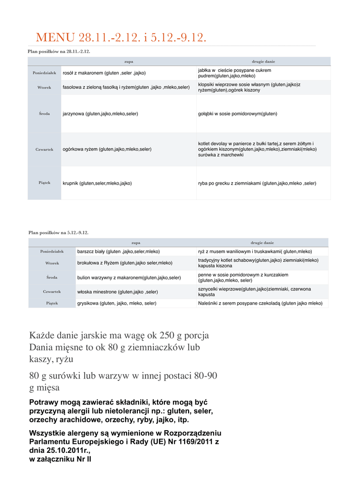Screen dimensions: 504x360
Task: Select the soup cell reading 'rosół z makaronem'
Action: point(104,73)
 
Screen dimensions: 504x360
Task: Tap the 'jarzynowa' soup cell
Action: point(100,114)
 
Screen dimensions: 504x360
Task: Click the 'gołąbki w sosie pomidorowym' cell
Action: point(237,114)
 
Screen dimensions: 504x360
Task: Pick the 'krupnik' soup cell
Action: point(97,183)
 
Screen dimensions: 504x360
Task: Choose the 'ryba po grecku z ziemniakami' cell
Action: point(257,183)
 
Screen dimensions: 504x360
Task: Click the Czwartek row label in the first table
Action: point(44,149)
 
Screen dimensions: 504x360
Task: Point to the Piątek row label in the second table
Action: point(52,303)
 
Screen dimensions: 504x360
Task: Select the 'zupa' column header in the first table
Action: point(129,62)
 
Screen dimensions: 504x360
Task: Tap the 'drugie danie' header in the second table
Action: point(262,243)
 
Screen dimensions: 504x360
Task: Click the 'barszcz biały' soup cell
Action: point(118,252)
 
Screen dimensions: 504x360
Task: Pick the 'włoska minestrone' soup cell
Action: point(117,292)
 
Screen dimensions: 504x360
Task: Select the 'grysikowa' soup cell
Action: point(117,304)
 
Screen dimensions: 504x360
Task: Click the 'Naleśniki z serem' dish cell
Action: point(260,304)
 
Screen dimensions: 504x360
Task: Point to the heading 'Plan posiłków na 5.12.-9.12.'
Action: point(59,232)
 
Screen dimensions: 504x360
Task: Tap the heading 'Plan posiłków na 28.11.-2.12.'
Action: point(59,51)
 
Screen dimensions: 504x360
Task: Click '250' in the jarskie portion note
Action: point(167,336)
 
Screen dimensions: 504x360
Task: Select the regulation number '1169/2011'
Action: point(189,442)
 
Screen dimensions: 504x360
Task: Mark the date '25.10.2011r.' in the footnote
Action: point(67,450)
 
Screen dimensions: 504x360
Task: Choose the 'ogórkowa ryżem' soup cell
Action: point(107,149)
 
